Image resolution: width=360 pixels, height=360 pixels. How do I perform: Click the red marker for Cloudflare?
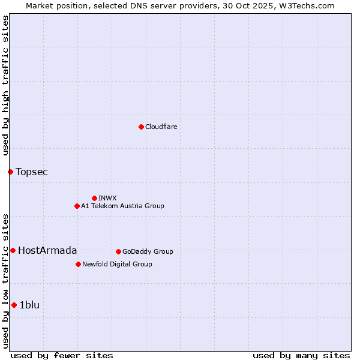141,127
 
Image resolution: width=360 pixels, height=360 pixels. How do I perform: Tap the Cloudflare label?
161,127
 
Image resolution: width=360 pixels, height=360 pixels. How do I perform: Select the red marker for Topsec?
10,172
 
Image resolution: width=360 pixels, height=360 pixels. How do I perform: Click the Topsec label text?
32,172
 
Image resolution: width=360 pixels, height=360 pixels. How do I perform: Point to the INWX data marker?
94,198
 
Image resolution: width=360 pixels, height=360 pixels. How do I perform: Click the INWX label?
107,199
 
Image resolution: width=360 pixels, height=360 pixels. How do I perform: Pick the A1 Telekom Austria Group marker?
77,206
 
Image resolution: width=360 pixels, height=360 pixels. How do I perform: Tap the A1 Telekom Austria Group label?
122,206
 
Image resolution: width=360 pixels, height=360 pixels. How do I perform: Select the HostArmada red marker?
13,250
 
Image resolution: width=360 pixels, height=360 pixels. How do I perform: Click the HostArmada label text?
47,251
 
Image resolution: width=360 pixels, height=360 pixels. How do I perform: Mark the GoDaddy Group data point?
118,251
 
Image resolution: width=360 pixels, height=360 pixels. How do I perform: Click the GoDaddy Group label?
148,252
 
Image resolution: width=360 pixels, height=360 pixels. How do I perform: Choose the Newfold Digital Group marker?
78,264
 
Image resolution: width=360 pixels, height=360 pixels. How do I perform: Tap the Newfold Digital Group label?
117,265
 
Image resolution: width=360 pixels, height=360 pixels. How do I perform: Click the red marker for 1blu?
14,305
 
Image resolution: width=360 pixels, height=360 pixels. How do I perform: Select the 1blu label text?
29,305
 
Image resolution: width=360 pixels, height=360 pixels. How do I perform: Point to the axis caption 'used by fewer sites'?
62,356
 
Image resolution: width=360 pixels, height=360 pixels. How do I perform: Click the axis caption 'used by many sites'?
301,356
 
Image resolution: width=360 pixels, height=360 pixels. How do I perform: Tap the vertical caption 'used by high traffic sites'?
6,85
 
